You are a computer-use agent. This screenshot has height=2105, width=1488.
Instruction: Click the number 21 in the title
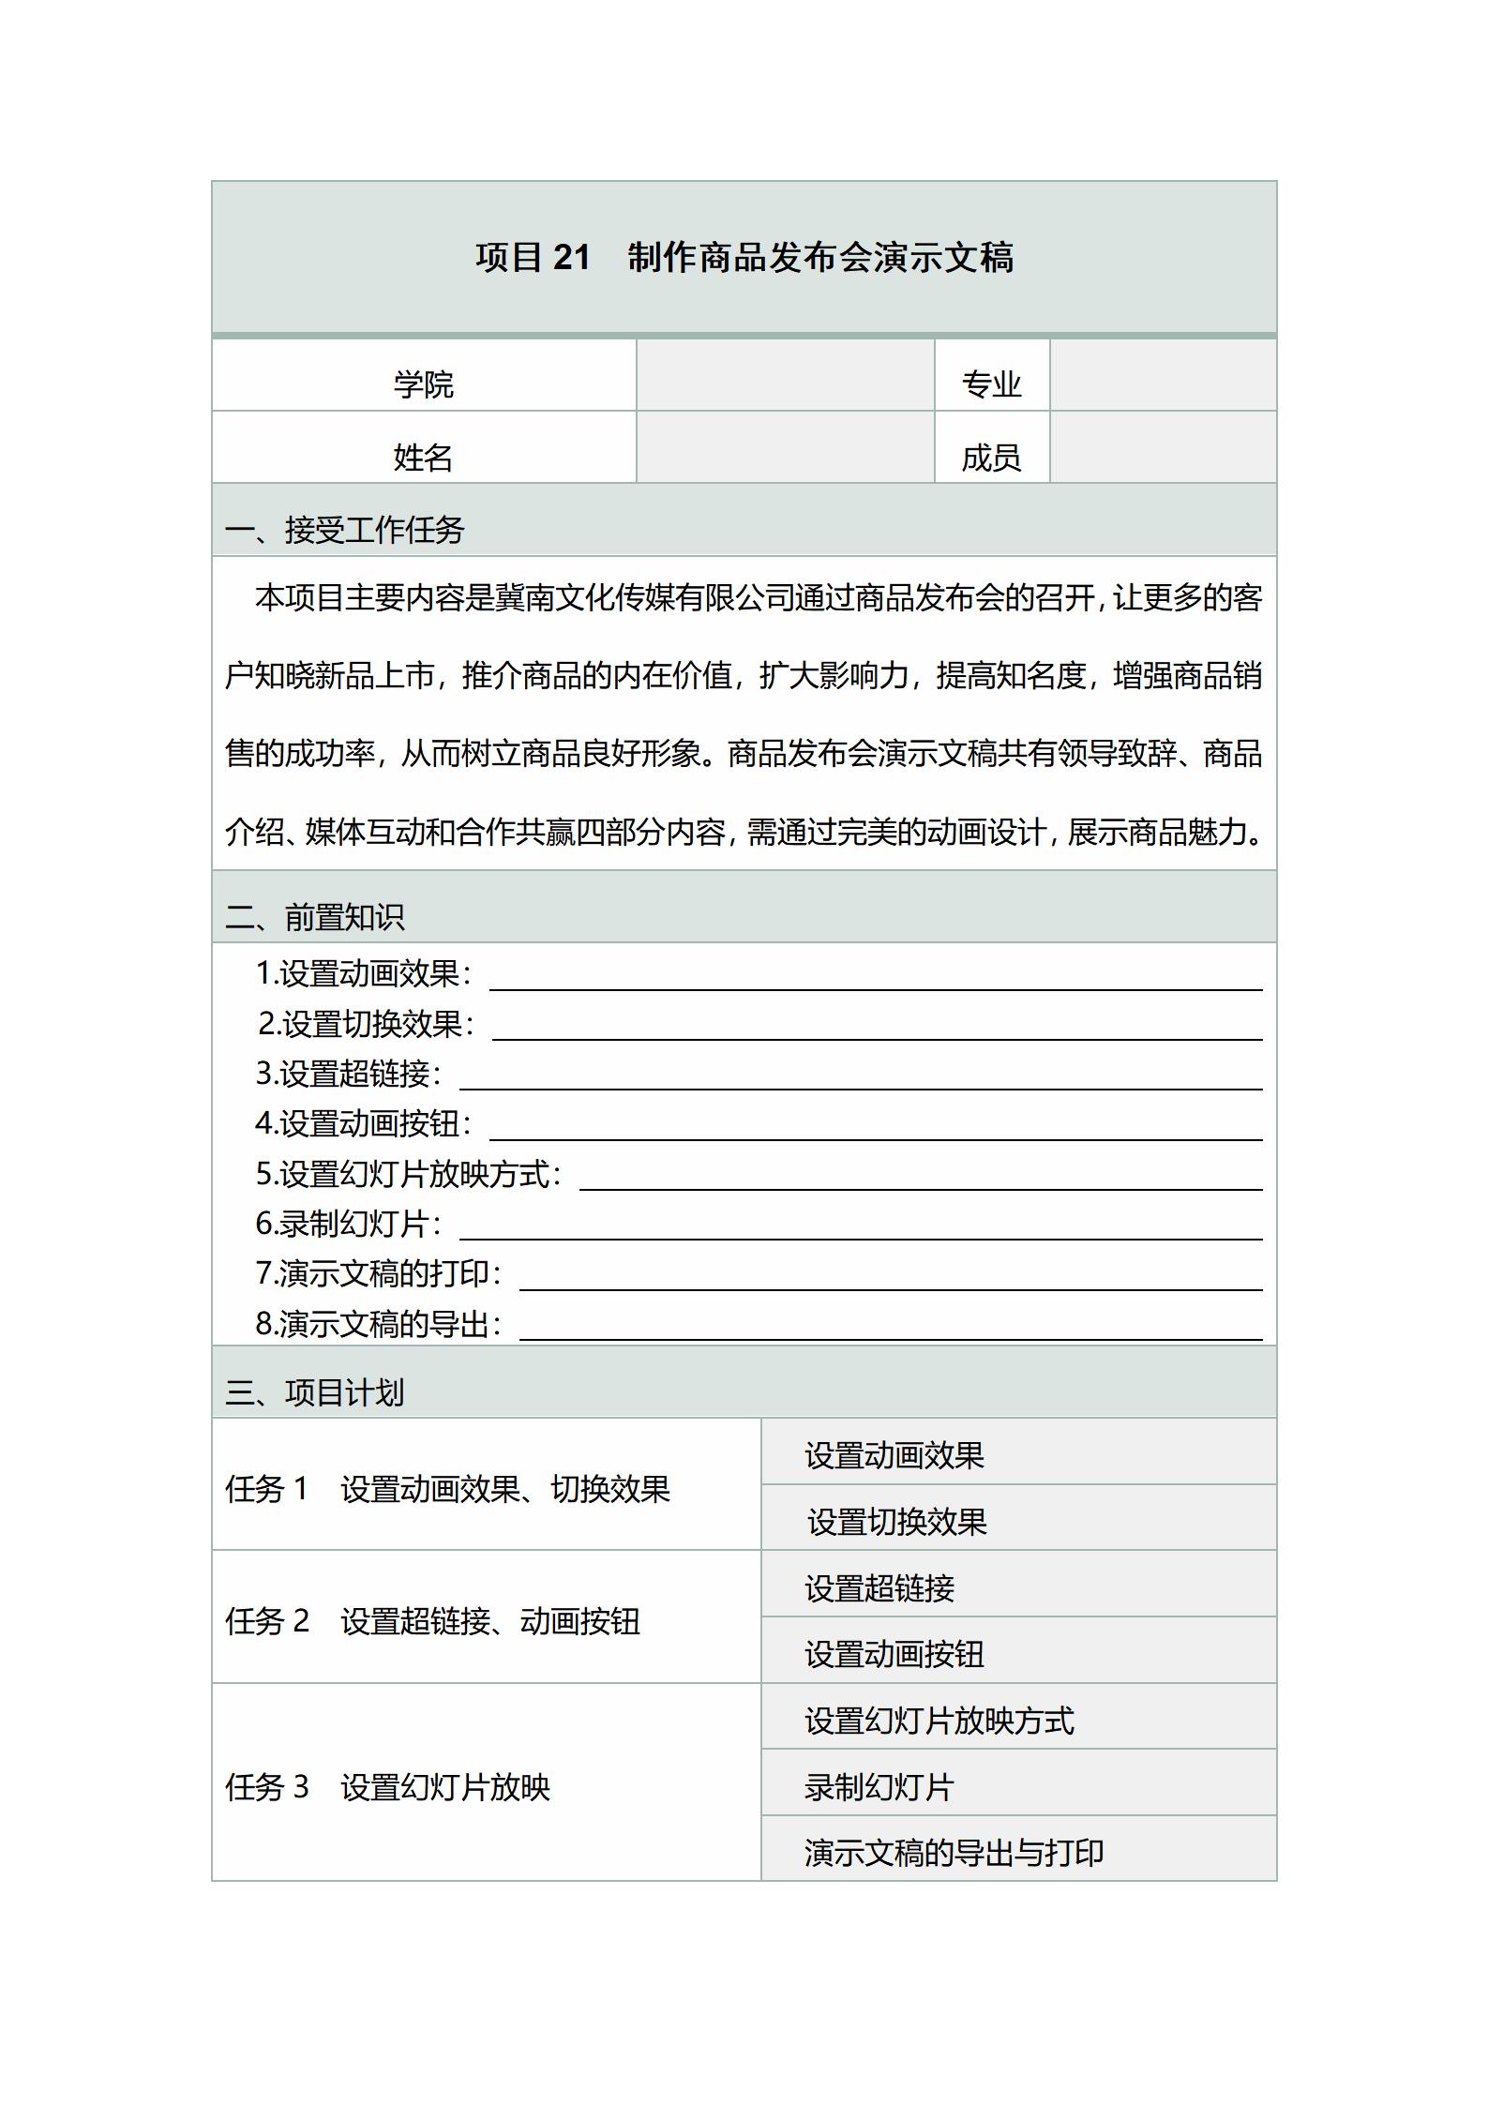pos(571,257)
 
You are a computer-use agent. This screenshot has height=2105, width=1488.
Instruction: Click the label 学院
pos(423,383)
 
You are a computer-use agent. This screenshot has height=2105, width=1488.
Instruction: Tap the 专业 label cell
pos(991,383)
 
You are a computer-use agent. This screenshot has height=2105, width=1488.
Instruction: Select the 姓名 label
pos(423,457)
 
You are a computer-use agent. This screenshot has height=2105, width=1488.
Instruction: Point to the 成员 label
pos(991,457)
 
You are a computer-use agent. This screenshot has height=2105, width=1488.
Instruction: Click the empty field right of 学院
pos(785,375)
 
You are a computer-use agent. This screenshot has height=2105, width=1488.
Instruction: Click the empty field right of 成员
pos(1163,448)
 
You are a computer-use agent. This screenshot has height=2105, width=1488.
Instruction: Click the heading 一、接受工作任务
pos(345,530)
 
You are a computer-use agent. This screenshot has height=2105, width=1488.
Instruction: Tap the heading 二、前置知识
pos(315,916)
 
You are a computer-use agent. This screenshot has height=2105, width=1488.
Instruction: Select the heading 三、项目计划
pos(315,1391)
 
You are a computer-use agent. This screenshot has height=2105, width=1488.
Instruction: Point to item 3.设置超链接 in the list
pos(348,1074)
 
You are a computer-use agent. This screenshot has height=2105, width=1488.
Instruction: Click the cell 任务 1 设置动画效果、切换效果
pos(448,1489)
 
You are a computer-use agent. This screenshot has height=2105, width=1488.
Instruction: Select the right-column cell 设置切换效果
pos(897,1522)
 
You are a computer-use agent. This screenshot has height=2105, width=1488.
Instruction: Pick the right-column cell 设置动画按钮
pos(894,1654)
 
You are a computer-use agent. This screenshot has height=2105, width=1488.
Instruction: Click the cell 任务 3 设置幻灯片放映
pos(388,1787)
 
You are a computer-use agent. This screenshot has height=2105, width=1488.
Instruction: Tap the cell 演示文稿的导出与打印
pos(954,1853)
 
